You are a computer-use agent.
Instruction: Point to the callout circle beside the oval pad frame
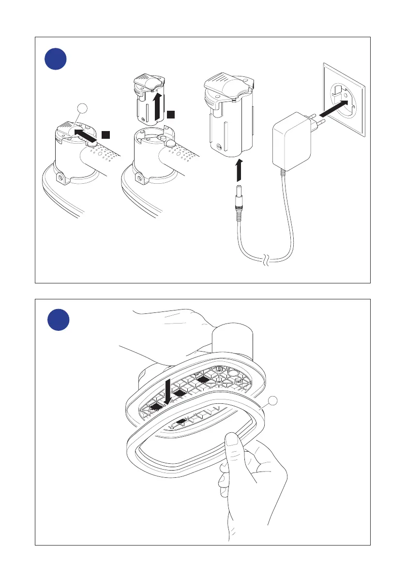point(274,400)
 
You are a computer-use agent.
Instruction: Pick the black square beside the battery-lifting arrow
point(171,114)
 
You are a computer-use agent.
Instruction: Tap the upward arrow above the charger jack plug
point(238,171)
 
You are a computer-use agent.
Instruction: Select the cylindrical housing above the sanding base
point(233,341)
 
